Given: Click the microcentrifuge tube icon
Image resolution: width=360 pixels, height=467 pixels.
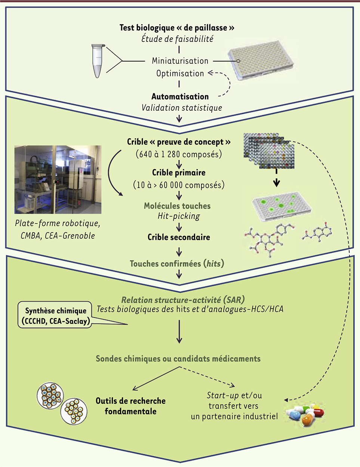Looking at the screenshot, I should (98, 61).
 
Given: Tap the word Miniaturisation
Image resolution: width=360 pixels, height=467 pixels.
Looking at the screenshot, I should (180, 61).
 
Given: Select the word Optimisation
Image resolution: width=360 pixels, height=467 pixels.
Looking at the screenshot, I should (180, 73).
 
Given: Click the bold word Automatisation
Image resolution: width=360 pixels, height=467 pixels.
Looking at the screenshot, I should (180, 96).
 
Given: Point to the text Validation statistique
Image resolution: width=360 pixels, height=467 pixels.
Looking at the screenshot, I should (182, 108).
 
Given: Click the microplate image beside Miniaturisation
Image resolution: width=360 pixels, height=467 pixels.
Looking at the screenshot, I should (261, 60).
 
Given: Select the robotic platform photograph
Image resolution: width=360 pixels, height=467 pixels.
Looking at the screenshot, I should (58, 179).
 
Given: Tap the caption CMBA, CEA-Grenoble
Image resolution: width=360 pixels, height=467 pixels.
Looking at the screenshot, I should (58, 236).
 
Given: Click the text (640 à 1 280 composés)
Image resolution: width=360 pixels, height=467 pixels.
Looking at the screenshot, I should (179, 154).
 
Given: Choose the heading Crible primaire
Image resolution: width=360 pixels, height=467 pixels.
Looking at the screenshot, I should (179, 173).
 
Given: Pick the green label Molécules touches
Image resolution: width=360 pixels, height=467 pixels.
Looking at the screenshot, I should (177, 206).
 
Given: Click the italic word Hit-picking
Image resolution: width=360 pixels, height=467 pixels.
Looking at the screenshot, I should (179, 216).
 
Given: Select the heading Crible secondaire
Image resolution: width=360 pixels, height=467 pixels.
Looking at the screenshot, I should (179, 237).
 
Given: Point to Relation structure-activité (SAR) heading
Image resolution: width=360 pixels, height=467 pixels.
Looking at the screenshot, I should (183, 300).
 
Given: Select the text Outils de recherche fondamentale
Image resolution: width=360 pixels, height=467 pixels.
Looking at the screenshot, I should (130, 406).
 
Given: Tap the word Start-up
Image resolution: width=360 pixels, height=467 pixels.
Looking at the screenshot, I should (223, 395).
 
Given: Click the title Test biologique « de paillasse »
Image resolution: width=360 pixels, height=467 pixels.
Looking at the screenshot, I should (177, 28).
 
